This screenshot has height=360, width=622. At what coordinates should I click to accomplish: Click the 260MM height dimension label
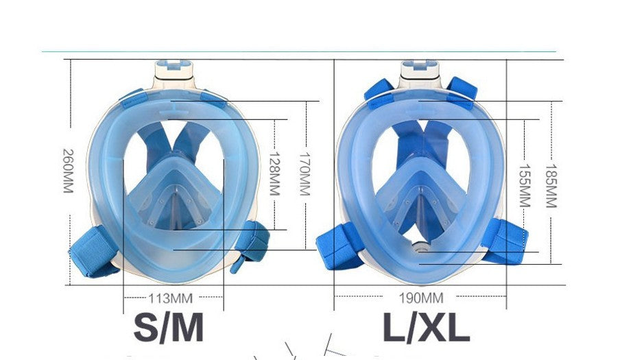[x=68, y=170]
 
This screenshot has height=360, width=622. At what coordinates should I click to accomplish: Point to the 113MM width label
[x=170, y=298]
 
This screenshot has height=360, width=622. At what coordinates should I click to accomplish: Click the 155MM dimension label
[x=525, y=185]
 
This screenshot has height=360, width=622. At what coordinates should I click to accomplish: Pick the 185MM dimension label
[x=551, y=185]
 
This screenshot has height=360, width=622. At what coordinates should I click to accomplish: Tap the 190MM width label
[x=421, y=298]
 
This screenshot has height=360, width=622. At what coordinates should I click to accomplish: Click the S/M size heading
[x=169, y=327]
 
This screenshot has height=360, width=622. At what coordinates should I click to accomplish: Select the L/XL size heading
[x=426, y=328]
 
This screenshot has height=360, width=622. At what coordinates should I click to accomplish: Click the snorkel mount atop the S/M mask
[x=175, y=69]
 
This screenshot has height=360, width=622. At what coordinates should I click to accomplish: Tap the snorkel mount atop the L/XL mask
[x=422, y=69]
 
